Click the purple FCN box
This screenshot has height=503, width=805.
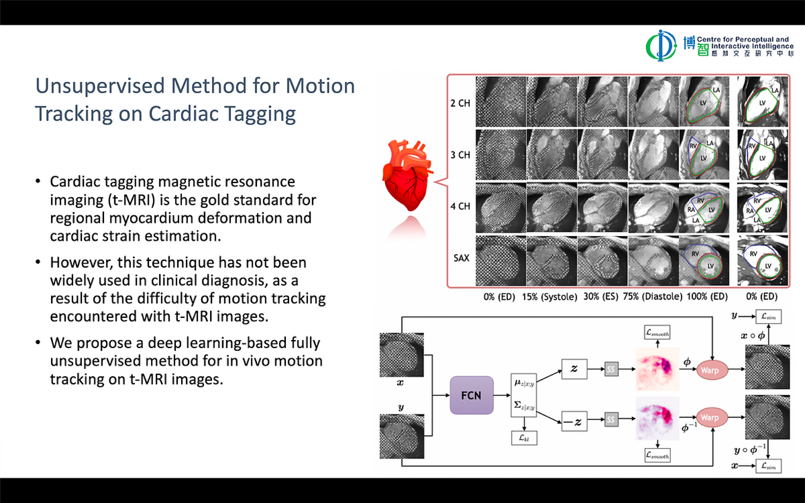(x=471, y=395)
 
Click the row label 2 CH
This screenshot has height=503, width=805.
(x=460, y=103)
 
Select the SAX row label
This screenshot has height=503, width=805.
(x=461, y=258)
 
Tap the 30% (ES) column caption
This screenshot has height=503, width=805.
(x=600, y=296)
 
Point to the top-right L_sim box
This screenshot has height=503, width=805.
(x=768, y=316)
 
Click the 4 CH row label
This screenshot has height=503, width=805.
(x=460, y=206)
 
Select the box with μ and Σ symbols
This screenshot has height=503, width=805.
(x=523, y=395)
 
